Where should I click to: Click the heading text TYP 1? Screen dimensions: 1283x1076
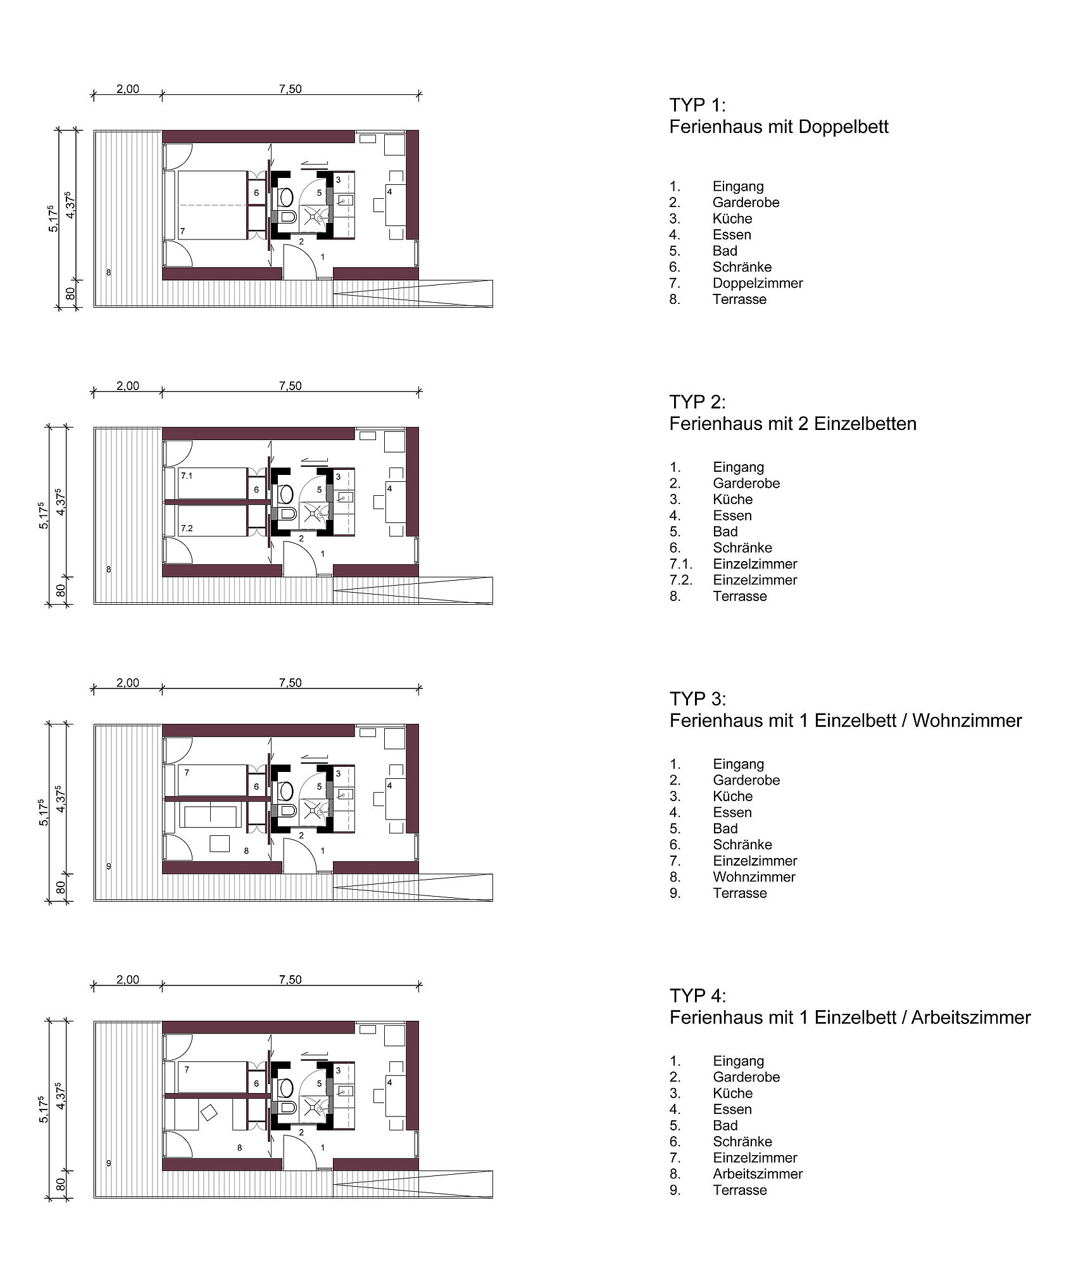(698, 105)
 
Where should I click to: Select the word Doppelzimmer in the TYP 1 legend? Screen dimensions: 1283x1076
(757, 283)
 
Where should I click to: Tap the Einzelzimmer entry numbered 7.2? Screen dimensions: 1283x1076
(754, 580)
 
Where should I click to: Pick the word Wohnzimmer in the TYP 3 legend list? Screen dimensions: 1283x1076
(754, 877)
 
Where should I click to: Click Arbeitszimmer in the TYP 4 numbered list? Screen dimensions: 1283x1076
(758, 1174)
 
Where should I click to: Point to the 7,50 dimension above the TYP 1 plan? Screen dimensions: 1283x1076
(291, 89)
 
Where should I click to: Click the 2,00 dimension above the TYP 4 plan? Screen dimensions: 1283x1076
(128, 980)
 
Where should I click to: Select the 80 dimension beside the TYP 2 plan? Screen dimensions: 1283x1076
(61, 590)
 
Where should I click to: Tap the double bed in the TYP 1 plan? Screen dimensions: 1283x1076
(212, 205)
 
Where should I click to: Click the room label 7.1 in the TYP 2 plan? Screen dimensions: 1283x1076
(186, 476)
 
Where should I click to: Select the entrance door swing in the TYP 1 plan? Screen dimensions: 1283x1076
(300, 261)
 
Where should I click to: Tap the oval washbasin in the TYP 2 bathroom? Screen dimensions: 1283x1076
(285, 493)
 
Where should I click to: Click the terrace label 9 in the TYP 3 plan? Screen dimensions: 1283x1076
(109, 866)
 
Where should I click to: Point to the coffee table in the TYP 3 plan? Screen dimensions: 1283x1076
(220, 844)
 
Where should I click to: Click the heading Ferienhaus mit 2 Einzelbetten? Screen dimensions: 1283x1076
(792, 424)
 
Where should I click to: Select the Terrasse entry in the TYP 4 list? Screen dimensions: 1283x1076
(739, 1191)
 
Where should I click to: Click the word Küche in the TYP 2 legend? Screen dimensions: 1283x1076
(732, 500)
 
